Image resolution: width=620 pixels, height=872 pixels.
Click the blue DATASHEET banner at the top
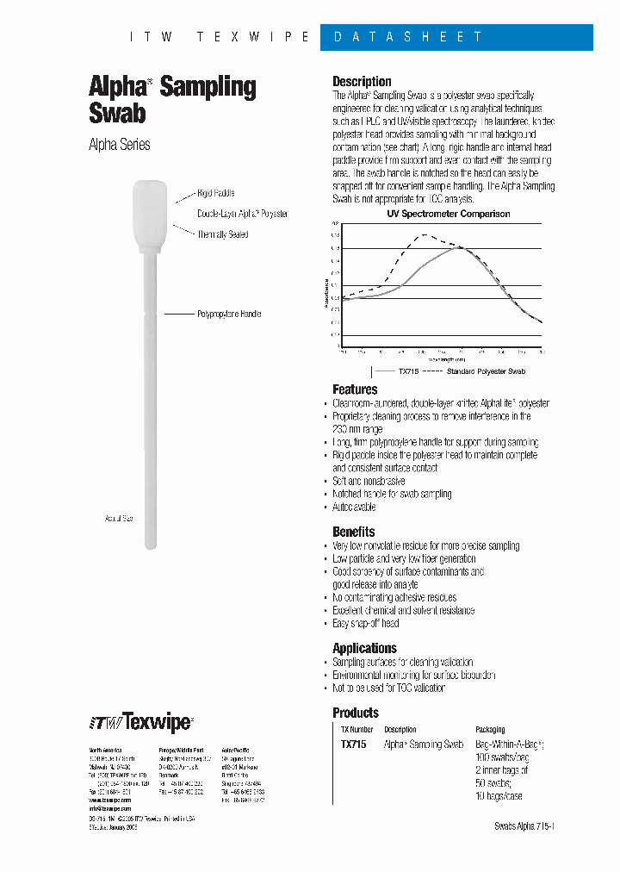(456, 37)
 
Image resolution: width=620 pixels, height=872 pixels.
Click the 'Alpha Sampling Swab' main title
(172, 99)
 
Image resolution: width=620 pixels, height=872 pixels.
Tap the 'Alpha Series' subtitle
(120, 145)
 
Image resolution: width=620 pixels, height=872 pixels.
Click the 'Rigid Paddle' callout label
(215, 194)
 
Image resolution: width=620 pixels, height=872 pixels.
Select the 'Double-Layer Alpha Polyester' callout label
(242, 214)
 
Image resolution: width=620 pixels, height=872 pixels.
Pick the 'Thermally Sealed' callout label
(222, 234)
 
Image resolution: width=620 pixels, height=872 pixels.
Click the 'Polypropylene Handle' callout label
(228, 315)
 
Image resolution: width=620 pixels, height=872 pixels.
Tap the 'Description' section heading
(362, 81)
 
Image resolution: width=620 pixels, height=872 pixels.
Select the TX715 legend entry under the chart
(407, 371)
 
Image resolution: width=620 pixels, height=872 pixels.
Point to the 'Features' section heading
(355, 389)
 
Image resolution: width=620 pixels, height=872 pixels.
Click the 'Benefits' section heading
(353, 532)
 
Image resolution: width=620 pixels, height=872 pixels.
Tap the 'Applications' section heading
(364, 648)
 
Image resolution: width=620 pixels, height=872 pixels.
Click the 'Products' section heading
(355, 713)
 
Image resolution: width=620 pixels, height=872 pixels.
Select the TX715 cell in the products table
(351, 744)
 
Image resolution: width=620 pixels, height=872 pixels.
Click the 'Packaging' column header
(490, 729)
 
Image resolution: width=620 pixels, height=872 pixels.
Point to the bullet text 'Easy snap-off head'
(366, 623)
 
